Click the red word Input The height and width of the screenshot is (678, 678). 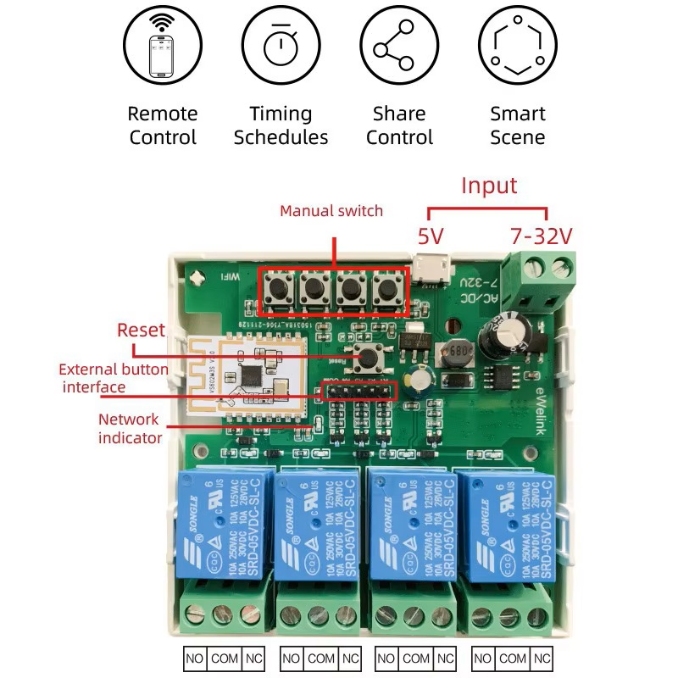pyautogui.click(x=488, y=186)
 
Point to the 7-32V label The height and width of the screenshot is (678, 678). pyautogui.click(x=542, y=236)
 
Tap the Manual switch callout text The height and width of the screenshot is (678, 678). pyautogui.click(x=331, y=211)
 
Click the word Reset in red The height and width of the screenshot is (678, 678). pyautogui.click(x=142, y=330)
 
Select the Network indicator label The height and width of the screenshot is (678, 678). pyautogui.click(x=128, y=428)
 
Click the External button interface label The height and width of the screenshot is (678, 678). pyautogui.click(x=114, y=378)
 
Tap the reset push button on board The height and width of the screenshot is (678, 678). pyautogui.click(x=367, y=358)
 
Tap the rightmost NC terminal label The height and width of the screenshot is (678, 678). pyautogui.click(x=543, y=658)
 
